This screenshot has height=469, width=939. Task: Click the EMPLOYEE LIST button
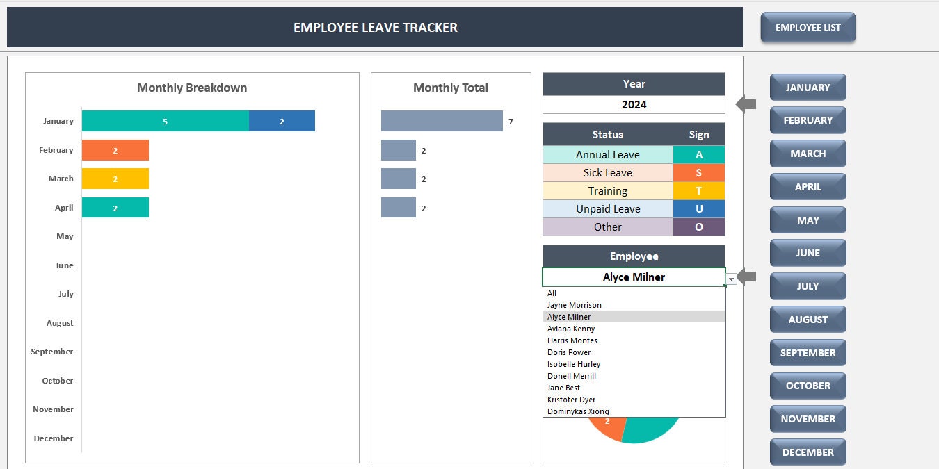[x=808, y=28]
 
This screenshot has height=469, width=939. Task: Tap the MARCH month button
[x=808, y=154]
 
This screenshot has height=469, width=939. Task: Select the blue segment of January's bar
[x=282, y=121]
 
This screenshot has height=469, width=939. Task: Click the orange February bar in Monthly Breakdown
[x=115, y=150]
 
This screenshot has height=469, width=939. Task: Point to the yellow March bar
[x=115, y=179]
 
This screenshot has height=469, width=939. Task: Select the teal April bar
[x=115, y=208]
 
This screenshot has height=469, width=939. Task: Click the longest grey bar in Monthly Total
[x=442, y=121]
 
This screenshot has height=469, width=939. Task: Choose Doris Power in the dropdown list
[x=569, y=352]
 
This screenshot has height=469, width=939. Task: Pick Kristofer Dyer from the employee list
[x=571, y=400]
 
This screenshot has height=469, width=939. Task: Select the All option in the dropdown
[x=552, y=293]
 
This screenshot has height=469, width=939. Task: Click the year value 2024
[x=634, y=105]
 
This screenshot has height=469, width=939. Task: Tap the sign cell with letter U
[x=698, y=209]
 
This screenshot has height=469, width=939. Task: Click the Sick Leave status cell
[x=607, y=173]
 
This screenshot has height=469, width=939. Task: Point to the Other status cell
[x=607, y=227]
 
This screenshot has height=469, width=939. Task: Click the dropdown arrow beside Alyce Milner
[x=731, y=278]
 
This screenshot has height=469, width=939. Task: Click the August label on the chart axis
[x=60, y=323]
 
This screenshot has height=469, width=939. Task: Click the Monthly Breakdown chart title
[x=192, y=88]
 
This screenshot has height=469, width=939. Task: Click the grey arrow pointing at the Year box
[x=746, y=105]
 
